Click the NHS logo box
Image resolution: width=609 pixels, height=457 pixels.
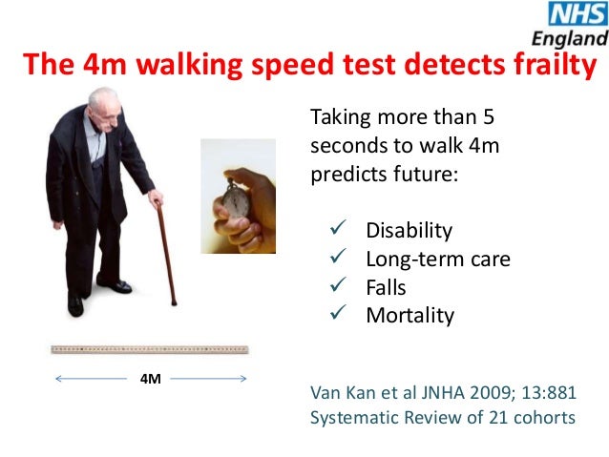tap(576, 14)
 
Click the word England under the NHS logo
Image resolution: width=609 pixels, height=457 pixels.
tap(571, 39)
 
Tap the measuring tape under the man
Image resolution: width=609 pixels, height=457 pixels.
tap(150, 349)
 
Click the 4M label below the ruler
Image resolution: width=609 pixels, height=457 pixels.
tap(150, 379)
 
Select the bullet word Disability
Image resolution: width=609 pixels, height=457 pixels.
tap(409, 230)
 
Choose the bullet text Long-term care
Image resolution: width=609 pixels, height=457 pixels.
tap(437, 259)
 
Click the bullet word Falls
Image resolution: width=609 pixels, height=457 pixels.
tap(386, 287)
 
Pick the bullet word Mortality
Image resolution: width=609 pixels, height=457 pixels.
tap(409, 316)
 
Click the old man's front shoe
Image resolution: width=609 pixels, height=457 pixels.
tap(115, 285)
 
